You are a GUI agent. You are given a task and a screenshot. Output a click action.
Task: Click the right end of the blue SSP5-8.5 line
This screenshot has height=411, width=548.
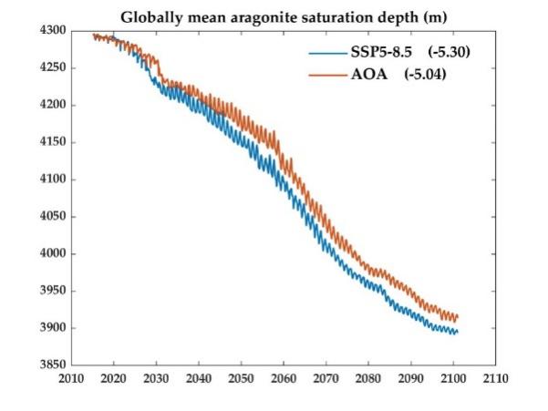[457, 332]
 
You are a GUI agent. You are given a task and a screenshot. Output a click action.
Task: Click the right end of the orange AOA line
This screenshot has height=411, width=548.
[457, 317]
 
